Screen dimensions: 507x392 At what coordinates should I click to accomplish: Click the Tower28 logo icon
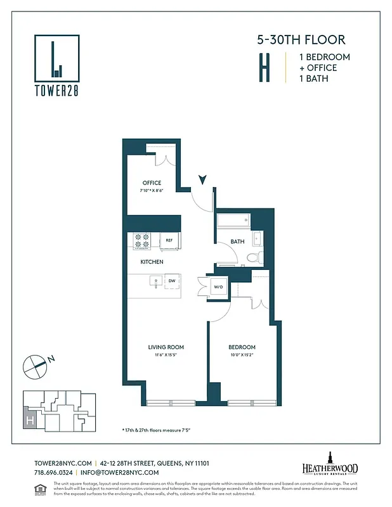pos(57,57)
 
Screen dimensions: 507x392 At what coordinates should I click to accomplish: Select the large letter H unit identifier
pos(263,68)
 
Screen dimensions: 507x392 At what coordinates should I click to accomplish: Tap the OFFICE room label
pos(152,183)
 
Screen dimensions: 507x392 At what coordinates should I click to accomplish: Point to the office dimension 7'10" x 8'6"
pos(152,190)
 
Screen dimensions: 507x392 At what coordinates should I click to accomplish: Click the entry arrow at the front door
pos(202,180)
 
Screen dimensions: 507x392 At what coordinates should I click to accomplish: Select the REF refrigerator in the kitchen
pos(169,241)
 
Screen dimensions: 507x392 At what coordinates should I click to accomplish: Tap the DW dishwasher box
pos(172,281)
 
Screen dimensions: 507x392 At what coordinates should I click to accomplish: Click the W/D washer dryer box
pos(219,286)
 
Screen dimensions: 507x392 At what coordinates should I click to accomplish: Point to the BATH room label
pos(237,241)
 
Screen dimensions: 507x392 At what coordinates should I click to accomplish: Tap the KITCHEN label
pos(152,262)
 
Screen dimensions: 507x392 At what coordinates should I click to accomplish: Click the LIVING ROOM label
pos(166,347)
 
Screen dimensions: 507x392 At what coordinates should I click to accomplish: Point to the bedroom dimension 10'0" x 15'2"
pos(242,354)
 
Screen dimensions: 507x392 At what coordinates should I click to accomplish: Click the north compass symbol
pos(36,364)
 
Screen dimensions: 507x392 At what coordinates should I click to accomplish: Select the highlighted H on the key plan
pos(29,420)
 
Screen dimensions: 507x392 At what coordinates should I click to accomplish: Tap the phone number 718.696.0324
pos(52,473)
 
